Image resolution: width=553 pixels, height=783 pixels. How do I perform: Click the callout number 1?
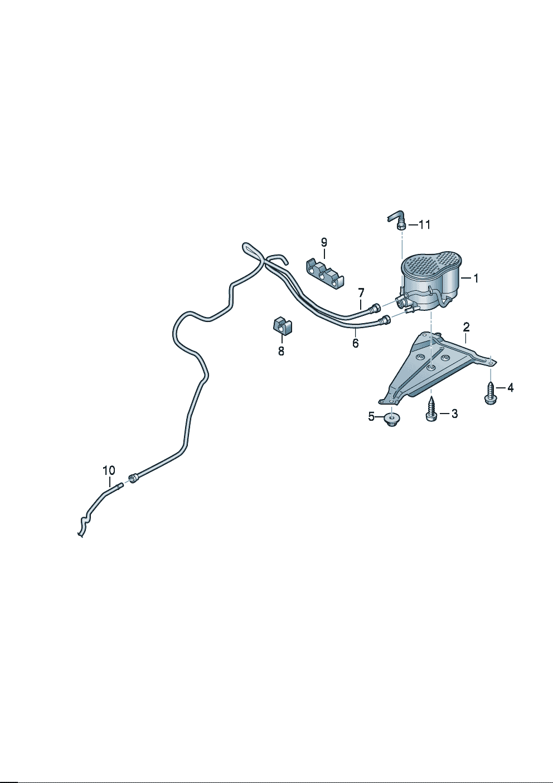click(475, 278)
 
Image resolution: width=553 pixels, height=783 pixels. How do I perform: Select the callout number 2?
click(467, 327)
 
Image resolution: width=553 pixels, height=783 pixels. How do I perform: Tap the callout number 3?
click(454, 414)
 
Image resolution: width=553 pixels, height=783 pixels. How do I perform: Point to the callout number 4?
click(510, 388)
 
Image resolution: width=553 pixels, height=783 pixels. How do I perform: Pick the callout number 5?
click(371, 417)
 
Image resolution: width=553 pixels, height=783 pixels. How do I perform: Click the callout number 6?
click(356, 343)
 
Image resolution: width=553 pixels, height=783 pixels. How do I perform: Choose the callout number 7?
click(361, 292)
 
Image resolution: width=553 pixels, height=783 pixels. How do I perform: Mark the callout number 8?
click(281, 351)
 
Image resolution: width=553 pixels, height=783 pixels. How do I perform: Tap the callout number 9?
click(324, 242)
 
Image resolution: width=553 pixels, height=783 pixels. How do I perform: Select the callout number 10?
click(109, 470)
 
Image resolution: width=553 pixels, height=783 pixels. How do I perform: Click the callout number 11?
click(424, 225)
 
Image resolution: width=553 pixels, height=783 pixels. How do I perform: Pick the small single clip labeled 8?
click(282, 325)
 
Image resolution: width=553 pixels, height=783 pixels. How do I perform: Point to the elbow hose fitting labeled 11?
click(397, 220)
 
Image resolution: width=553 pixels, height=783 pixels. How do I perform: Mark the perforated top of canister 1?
click(431, 260)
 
